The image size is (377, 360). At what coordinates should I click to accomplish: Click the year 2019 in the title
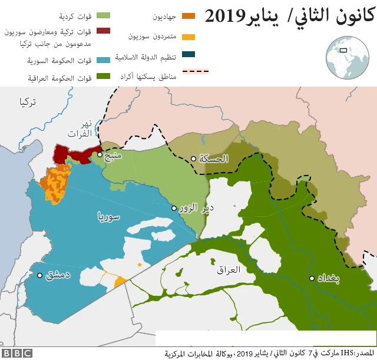click(227, 16)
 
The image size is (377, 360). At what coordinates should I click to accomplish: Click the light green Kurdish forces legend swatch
click(104, 15)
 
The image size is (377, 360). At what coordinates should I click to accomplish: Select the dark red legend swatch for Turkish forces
click(104, 31)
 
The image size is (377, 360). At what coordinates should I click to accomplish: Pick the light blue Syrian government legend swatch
click(104, 60)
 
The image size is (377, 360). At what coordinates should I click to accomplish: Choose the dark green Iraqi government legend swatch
click(104, 77)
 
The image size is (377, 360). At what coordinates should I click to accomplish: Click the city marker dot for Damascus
click(39, 275)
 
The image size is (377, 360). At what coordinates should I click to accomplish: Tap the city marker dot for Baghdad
click(312, 278)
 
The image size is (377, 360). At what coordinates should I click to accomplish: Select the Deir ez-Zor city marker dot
click(174, 208)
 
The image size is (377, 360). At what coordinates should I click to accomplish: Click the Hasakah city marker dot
click(193, 158)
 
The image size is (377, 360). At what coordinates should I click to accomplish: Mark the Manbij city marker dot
click(100, 154)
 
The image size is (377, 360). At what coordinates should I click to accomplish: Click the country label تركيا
click(27, 102)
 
